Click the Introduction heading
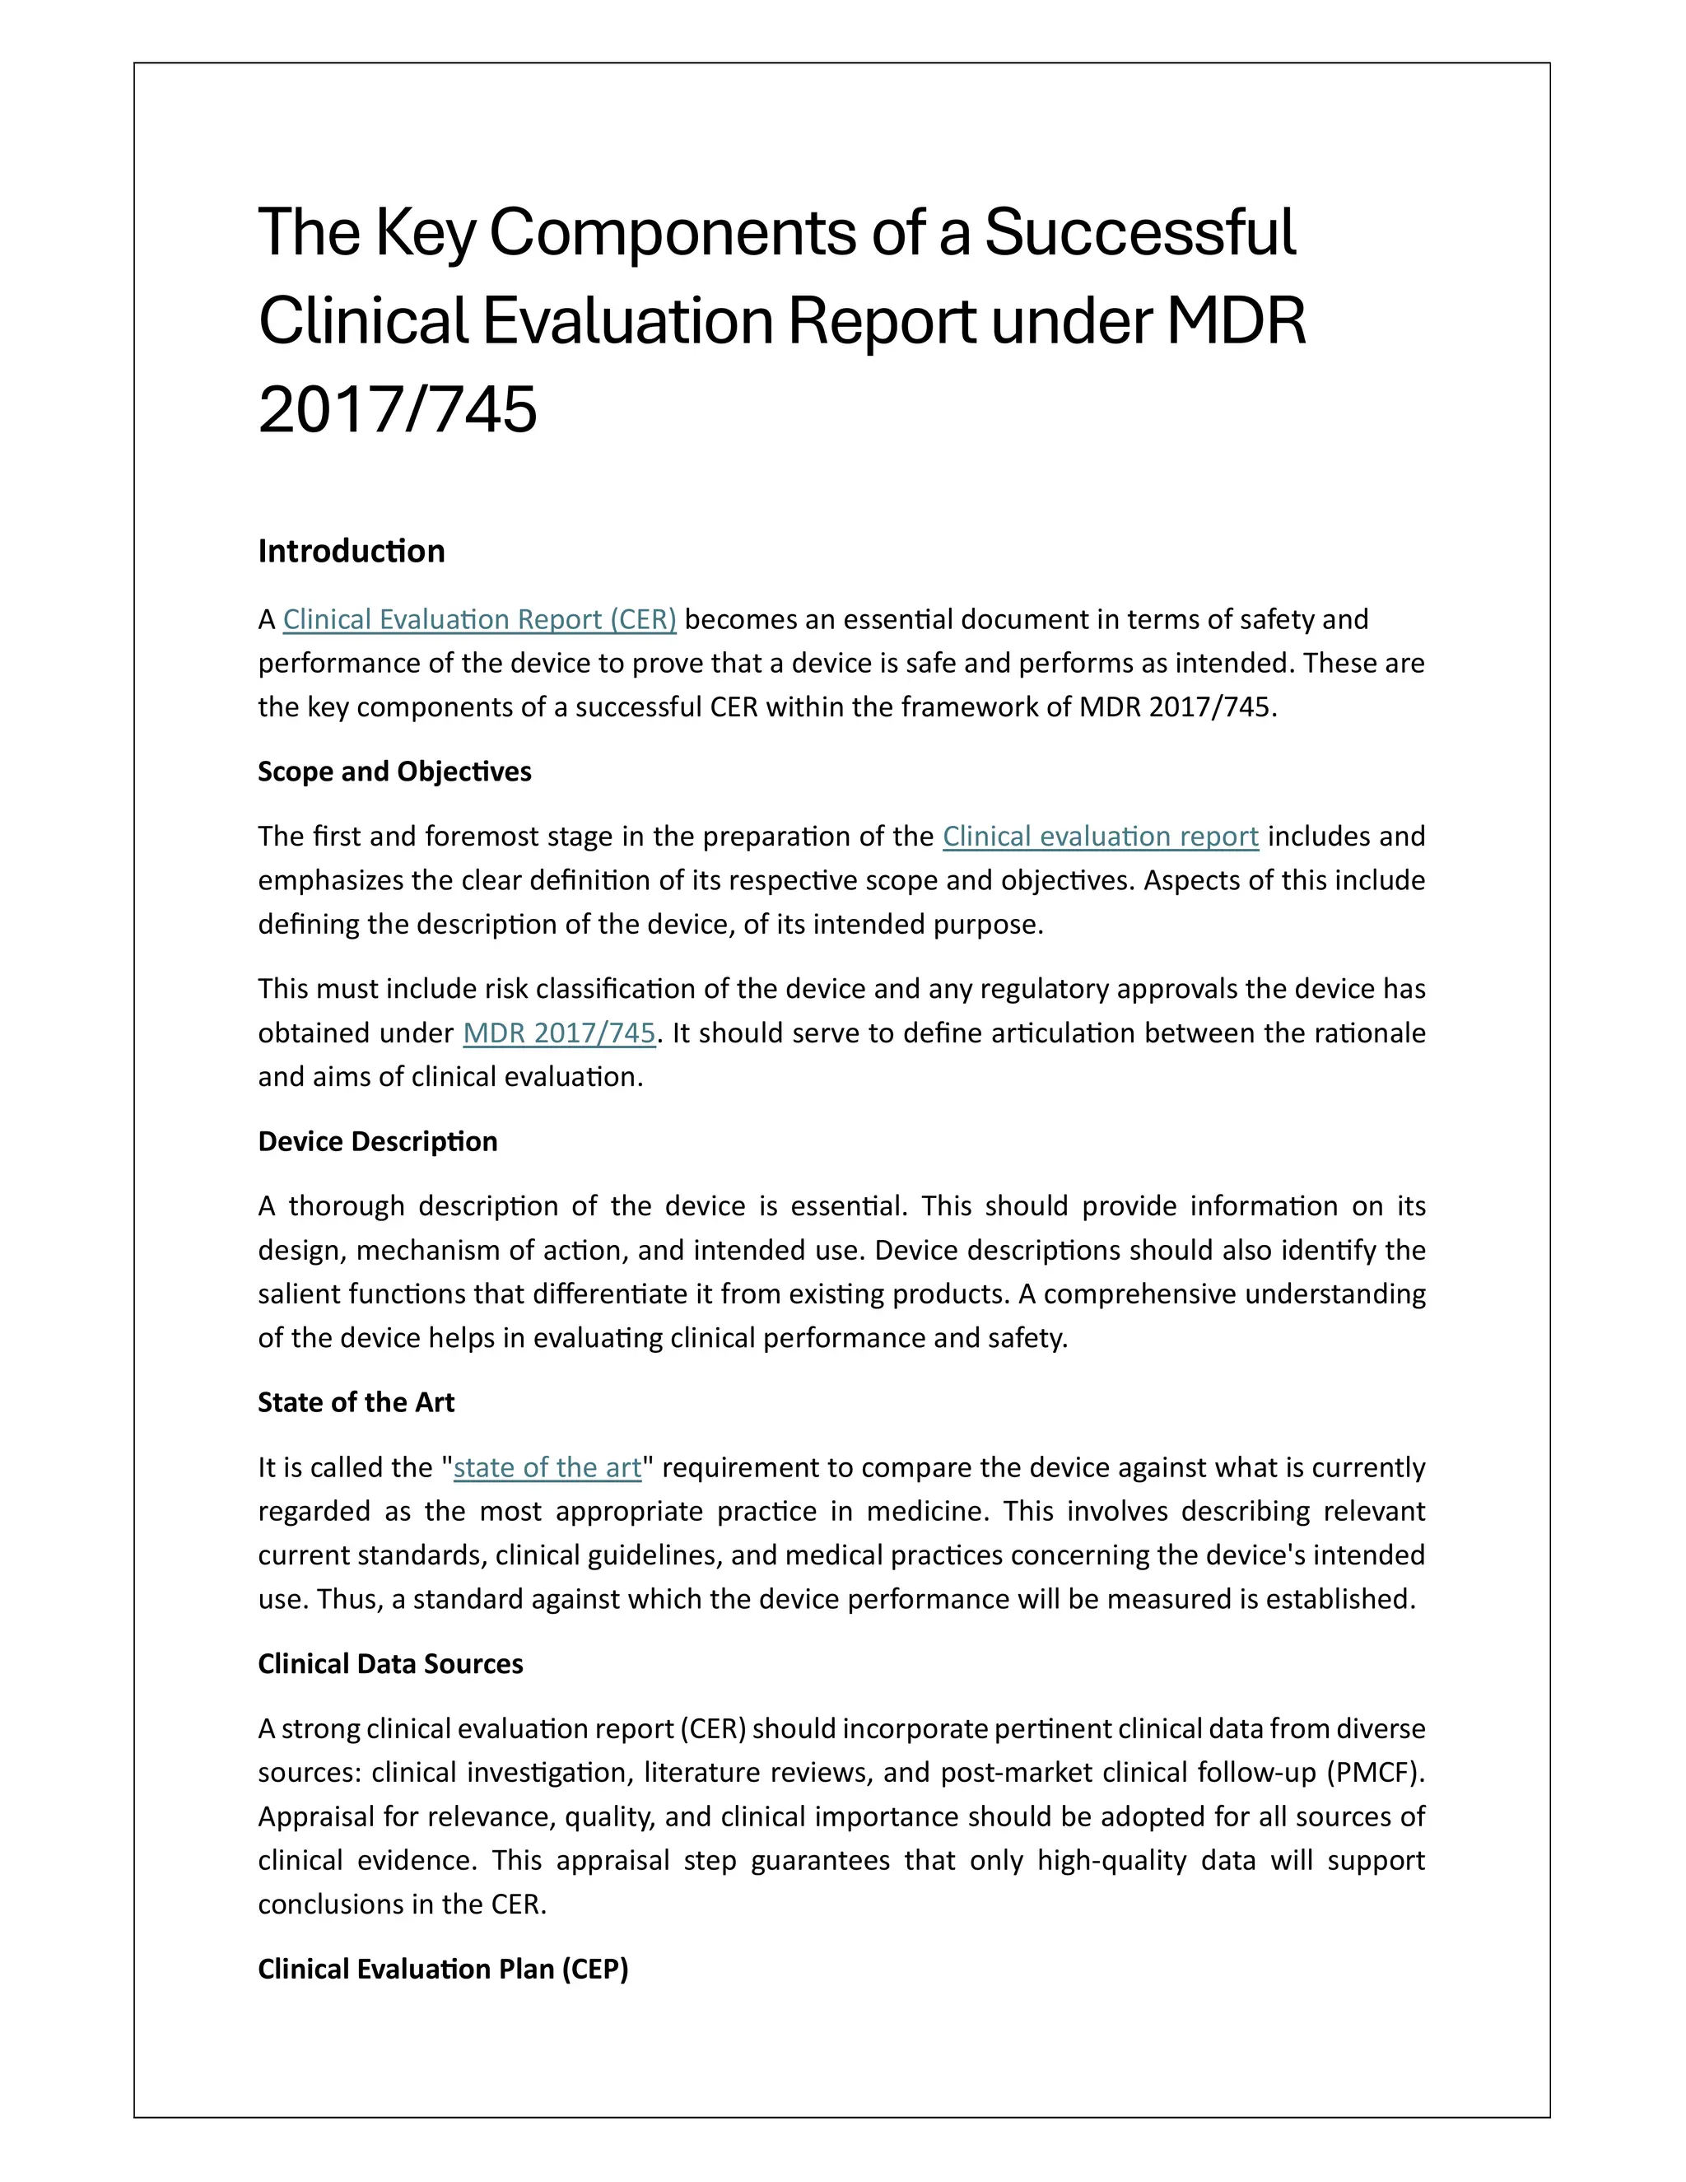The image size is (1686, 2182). [x=351, y=551]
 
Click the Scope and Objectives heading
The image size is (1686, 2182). [x=394, y=772]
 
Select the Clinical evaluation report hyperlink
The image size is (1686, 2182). [x=1100, y=837]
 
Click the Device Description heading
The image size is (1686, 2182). [x=378, y=1141]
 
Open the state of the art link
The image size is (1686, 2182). [x=547, y=1466]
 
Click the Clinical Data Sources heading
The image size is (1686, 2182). [x=390, y=1663]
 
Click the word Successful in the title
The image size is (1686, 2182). [x=1139, y=232]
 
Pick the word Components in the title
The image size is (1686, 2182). [x=673, y=232]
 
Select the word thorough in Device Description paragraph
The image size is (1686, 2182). [x=347, y=1206]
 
